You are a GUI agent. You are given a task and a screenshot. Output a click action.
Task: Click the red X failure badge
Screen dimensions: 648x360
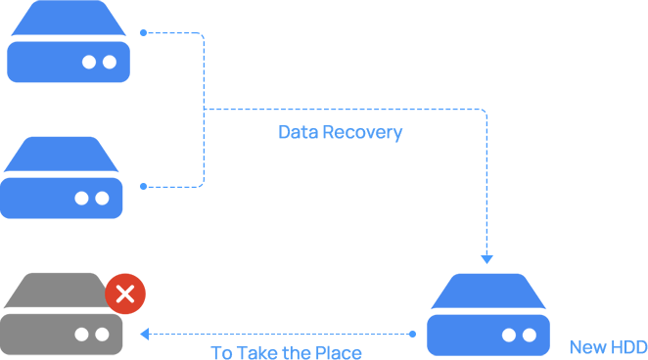(x=125, y=293)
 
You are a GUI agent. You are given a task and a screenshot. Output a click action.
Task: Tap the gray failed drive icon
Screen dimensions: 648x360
(x=61, y=314)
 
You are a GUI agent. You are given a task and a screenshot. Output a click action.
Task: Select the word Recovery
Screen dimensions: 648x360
(x=362, y=132)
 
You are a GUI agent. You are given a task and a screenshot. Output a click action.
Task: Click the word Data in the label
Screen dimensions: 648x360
(x=299, y=132)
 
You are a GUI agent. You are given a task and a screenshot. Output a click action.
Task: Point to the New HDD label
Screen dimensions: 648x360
(x=608, y=347)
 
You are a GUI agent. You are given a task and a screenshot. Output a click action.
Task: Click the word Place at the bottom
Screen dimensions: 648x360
(x=338, y=353)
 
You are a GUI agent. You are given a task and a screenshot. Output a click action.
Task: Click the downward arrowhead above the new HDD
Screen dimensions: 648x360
(x=486, y=259)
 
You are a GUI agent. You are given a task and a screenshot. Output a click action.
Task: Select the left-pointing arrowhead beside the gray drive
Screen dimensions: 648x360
(x=145, y=334)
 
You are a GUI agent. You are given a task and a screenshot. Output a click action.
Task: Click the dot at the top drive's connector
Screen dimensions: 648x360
(x=144, y=32)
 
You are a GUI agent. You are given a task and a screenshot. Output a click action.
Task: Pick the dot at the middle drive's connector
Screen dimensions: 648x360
(x=144, y=187)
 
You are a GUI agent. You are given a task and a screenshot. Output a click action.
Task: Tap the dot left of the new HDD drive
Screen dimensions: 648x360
(x=412, y=334)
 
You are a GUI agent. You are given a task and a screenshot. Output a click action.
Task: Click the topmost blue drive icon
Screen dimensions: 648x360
(x=69, y=41)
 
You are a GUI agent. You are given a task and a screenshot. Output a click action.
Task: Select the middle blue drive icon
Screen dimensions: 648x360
(x=61, y=177)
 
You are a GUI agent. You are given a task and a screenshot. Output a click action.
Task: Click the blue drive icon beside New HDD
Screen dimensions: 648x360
(x=488, y=315)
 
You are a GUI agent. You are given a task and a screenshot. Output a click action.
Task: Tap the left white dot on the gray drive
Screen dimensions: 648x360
(x=81, y=335)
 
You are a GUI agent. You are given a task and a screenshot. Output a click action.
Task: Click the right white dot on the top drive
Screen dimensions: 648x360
(x=110, y=62)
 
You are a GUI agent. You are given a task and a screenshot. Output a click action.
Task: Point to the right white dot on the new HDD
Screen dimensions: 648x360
(x=530, y=336)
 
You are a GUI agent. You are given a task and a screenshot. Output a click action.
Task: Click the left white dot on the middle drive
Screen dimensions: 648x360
(x=81, y=199)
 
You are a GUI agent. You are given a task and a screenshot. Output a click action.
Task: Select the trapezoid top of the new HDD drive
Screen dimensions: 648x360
(x=488, y=292)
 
